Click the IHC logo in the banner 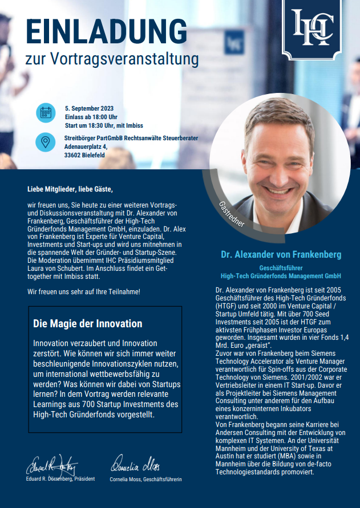pyautogui.click(x=312, y=27)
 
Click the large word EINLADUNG pyautogui.click(x=107, y=32)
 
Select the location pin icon pyautogui.click(x=46, y=141)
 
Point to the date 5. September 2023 pyautogui.click(x=89, y=108)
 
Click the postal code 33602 pyautogui.click(x=72, y=155)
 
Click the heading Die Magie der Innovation pyautogui.click(x=88, y=323)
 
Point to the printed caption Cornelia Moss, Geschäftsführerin pyautogui.click(x=145, y=479)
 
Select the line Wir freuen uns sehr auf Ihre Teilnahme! pyautogui.click(x=83, y=292)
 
